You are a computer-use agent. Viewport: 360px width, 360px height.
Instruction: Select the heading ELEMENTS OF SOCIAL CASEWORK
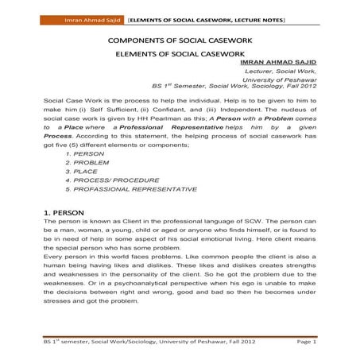(x=179, y=56)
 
